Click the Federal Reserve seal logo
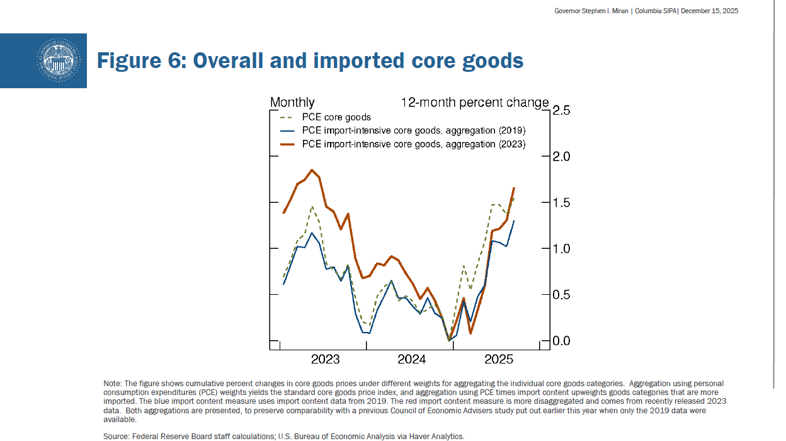coord(58,60)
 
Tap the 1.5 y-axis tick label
coord(561,203)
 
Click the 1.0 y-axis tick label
coord(561,249)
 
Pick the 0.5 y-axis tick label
coord(561,295)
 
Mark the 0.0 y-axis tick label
coord(561,341)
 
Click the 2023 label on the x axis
coord(325,360)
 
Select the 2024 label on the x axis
coord(411,360)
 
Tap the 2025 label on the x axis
coord(498,360)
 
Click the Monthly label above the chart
coord(292,103)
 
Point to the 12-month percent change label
coord(475,103)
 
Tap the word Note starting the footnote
coord(112,384)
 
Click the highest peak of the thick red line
coord(312,169)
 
